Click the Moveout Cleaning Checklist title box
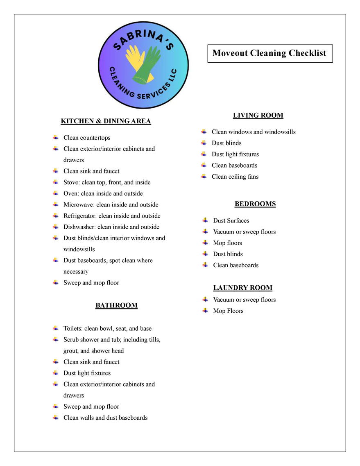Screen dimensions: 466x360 269,53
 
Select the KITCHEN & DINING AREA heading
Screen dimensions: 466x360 106,121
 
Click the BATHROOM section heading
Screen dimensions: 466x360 116,305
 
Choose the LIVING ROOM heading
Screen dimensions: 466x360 258,116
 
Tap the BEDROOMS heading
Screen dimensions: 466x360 255,204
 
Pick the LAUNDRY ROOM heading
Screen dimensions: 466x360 242,288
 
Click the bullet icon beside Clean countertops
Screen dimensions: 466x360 55,137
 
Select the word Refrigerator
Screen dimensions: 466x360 80,216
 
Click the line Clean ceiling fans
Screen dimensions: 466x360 235,177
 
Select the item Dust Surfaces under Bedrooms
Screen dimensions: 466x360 231,220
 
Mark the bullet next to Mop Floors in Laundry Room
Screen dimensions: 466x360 205,311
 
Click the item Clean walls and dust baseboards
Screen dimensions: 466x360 105,418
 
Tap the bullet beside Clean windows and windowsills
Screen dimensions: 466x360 204,132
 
